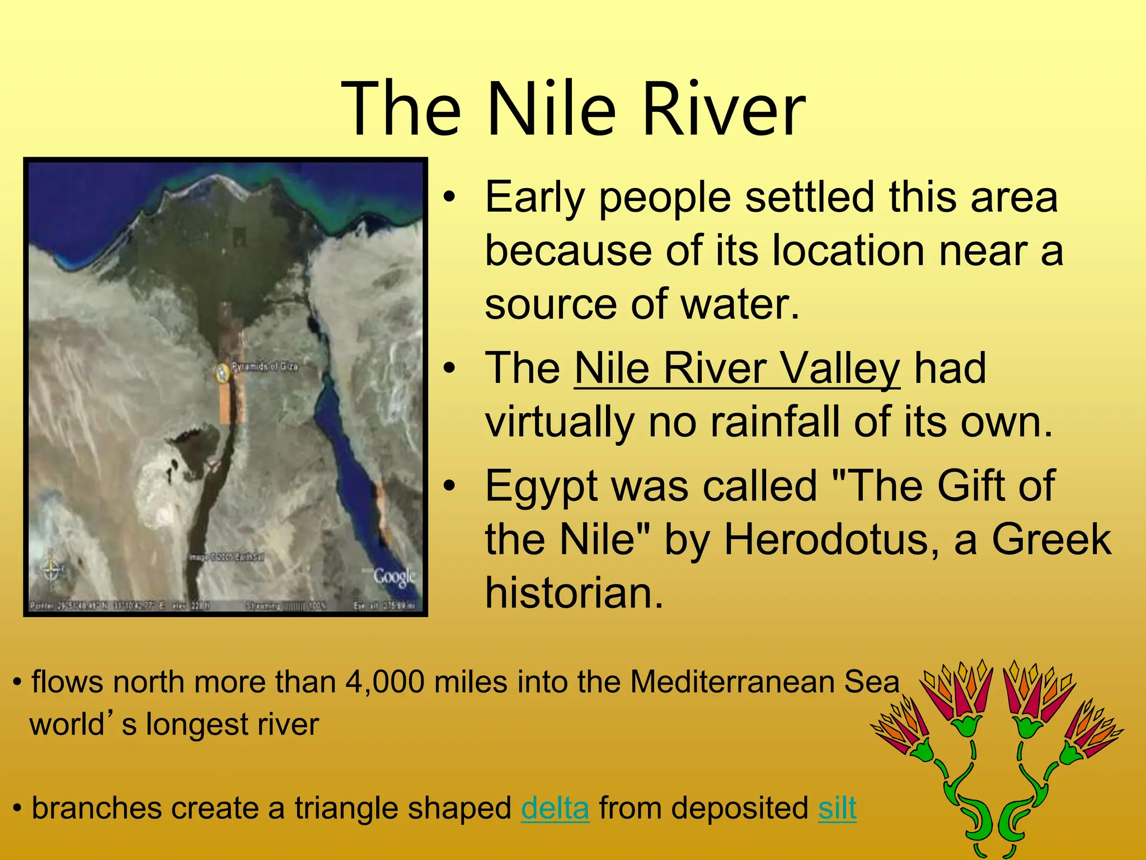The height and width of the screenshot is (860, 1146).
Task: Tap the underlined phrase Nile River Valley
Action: tap(737, 369)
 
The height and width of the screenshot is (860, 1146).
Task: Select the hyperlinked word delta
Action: tap(555, 808)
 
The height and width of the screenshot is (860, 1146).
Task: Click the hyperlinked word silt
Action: tap(837, 808)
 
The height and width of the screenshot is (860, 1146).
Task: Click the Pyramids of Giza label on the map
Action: tap(265, 366)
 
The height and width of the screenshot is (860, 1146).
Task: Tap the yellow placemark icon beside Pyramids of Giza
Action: tap(223, 372)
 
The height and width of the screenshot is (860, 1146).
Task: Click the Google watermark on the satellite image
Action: tap(394, 576)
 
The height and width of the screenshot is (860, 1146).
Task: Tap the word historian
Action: tap(574, 592)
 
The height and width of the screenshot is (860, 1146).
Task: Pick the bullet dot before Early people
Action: tap(449, 198)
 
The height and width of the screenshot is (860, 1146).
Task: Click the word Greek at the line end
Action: tap(1051, 539)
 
